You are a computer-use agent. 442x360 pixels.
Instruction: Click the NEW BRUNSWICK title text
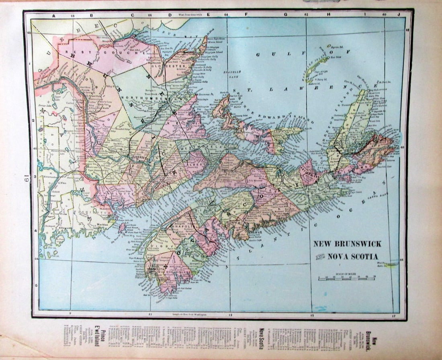click(x=347, y=244)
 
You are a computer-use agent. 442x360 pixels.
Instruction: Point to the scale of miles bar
click(x=347, y=278)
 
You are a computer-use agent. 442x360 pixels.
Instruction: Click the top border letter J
click(x=399, y=15)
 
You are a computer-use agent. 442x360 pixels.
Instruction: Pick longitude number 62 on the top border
click(x=306, y=15)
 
